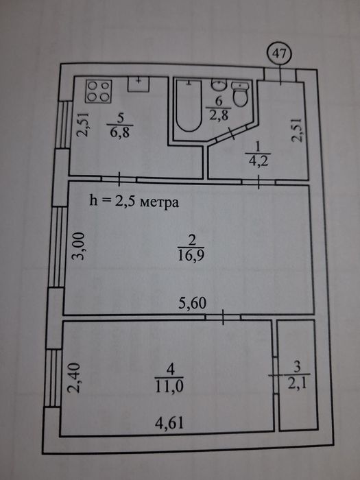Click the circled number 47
280,54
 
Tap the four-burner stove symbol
99,91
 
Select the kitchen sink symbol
139,84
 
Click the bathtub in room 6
189,106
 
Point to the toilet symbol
240,94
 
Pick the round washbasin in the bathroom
219,85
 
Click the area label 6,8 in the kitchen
120,133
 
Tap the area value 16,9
191,255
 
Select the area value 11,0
169,386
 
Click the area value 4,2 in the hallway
258,160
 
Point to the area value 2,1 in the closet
297,383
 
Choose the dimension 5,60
192,303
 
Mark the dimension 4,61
169,423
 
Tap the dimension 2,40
74,377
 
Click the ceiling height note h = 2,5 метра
134,202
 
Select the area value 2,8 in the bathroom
218,115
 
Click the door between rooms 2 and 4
223,317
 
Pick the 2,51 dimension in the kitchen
83,124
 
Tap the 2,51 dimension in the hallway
297,130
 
